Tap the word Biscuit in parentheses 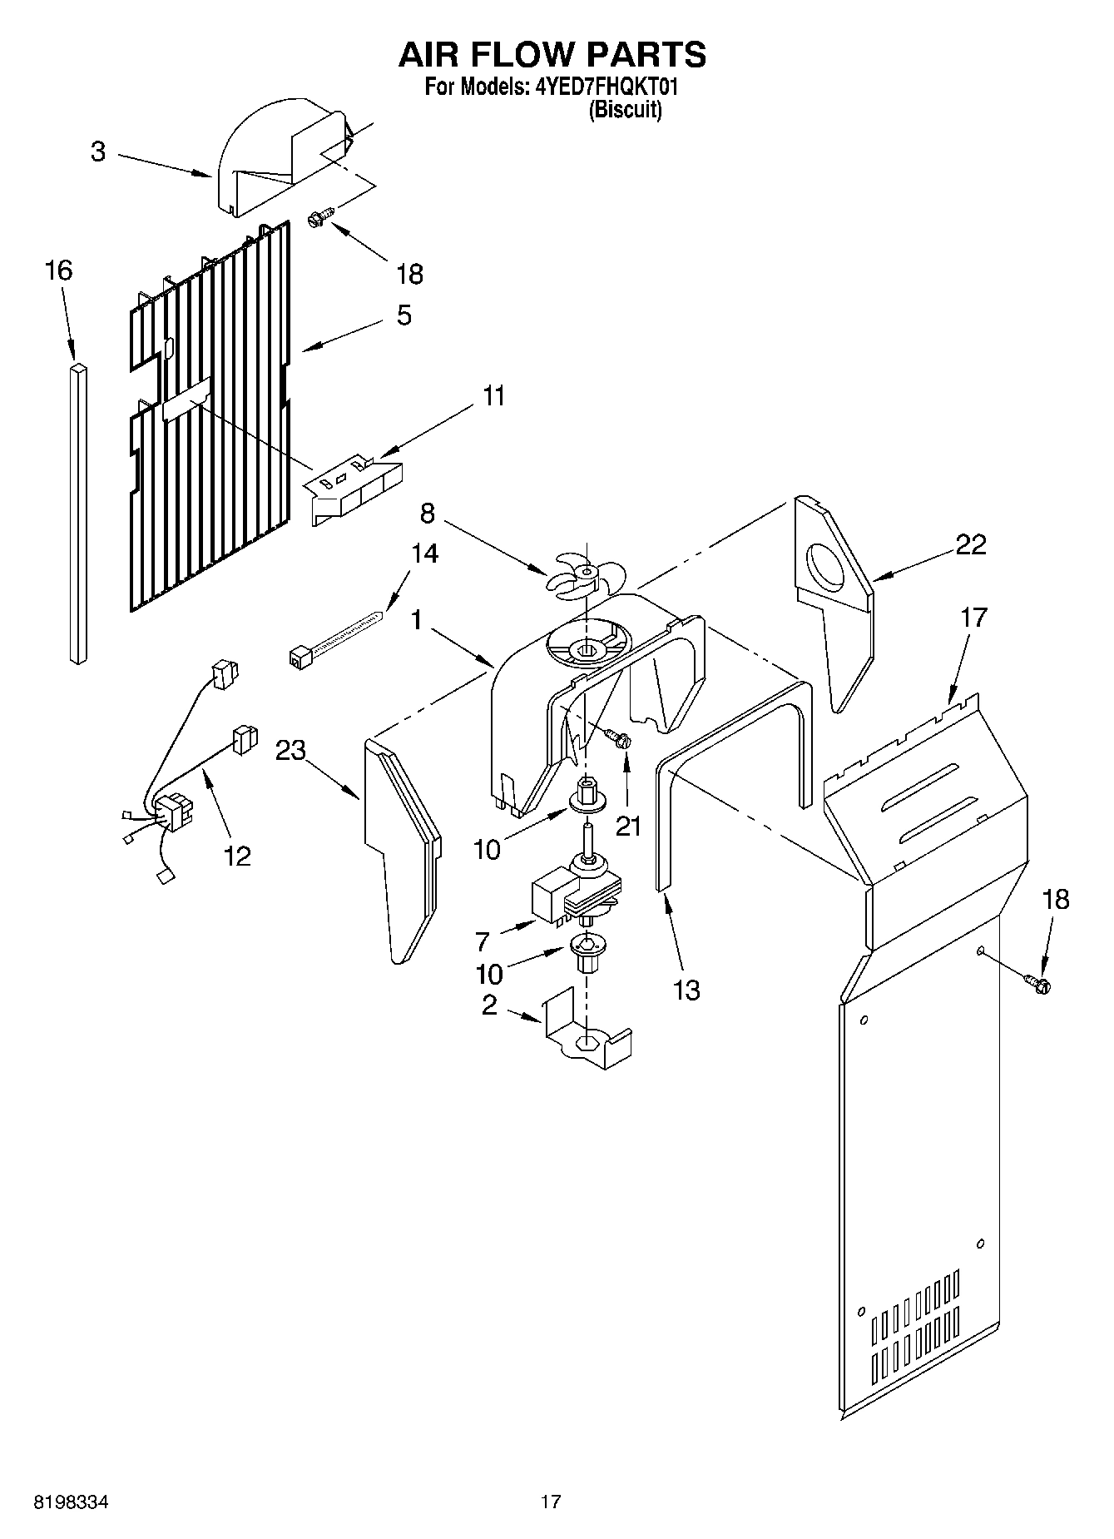(625, 110)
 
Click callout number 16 (58, 271)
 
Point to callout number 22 (970, 544)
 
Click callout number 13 (686, 990)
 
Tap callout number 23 (291, 751)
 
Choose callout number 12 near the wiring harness (237, 856)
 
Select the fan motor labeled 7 (574, 895)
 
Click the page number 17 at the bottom (550, 1502)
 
